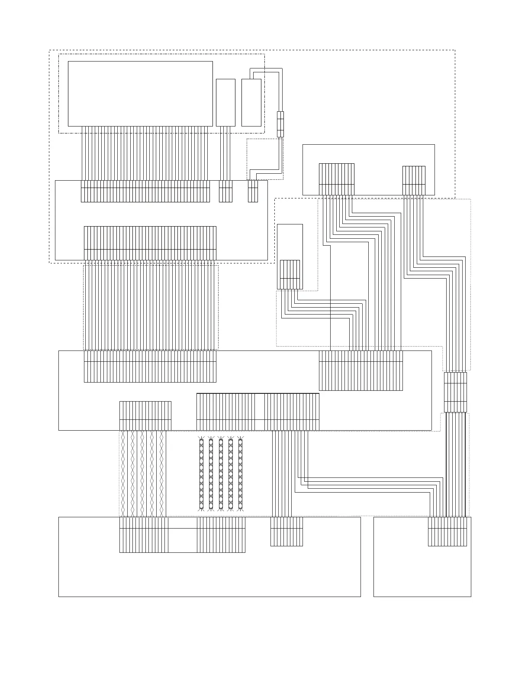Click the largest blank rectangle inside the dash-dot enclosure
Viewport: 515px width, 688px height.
tap(140, 94)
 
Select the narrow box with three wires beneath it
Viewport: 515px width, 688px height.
tap(225, 102)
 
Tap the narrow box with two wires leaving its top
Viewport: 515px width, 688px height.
tap(251, 102)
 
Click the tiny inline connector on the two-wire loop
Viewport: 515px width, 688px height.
tap(280, 124)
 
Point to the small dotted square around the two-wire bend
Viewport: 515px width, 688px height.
tap(264, 159)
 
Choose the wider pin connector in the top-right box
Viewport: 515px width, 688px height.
tap(336, 179)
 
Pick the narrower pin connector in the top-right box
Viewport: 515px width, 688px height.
tap(414, 180)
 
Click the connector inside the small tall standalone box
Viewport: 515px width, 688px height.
tap(290, 274)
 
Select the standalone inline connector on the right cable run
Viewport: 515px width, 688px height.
tap(455, 392)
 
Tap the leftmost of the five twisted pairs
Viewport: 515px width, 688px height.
tap(123, 474)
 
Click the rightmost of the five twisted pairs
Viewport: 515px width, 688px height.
tap(161, 474)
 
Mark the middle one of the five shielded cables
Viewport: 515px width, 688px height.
tap(221, 474)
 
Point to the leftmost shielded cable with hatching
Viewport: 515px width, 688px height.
tap(201, 474)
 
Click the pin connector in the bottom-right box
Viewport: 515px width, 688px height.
tap(447, 531)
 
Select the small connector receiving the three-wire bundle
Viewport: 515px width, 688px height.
tap(225, 191)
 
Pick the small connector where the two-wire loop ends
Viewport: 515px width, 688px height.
tap(253, 191)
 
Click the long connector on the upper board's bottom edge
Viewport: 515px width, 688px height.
tap(150, 243)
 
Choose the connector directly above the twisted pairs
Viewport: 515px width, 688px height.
tap(145, 415)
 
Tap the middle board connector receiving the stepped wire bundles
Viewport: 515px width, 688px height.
tap(360, 370)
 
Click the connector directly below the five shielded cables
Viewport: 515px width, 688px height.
tap(221, 535)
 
